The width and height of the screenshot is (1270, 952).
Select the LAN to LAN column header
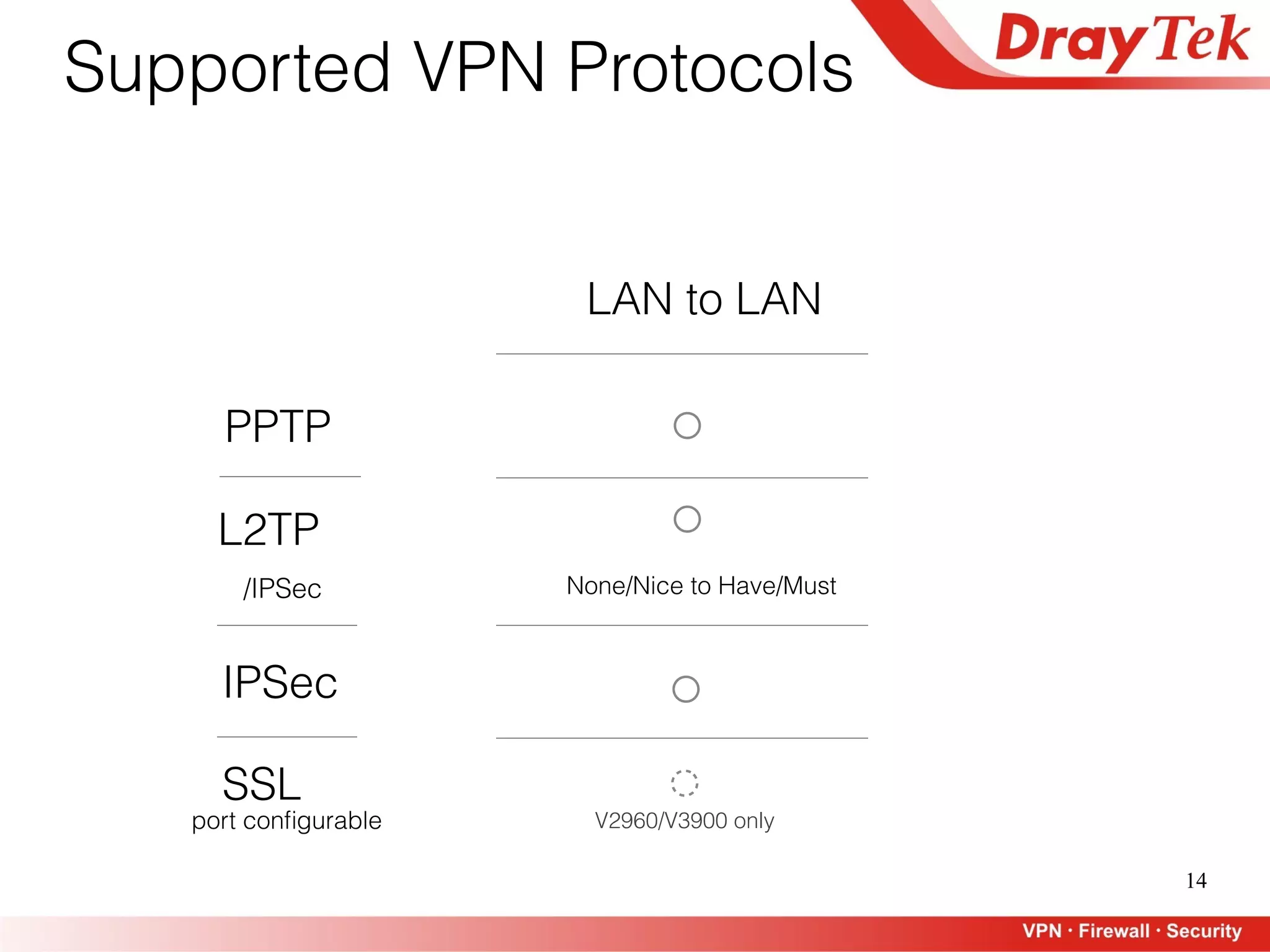click(704, 299)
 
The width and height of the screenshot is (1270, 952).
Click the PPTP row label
click(278, 426)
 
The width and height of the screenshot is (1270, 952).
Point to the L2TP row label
click(269, 530)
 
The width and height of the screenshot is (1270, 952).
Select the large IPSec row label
click(280, 682)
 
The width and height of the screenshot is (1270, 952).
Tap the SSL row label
click(262, 784)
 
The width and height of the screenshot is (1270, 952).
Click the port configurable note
click(286, 821)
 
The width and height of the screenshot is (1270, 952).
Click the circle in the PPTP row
click(687, 426)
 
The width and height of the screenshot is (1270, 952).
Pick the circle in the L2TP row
click(687, 519)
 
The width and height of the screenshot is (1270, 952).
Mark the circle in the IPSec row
click(686, 689)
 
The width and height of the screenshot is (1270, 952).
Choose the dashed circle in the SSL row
click(685, 783)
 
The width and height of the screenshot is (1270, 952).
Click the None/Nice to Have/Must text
click(701, 586)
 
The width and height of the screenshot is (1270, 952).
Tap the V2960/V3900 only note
click(685, 821)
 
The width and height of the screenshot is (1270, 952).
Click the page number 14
click(1196, 881)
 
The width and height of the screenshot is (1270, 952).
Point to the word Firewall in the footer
click(1114, 931)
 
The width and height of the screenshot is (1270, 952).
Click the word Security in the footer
click(1204, 931)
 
